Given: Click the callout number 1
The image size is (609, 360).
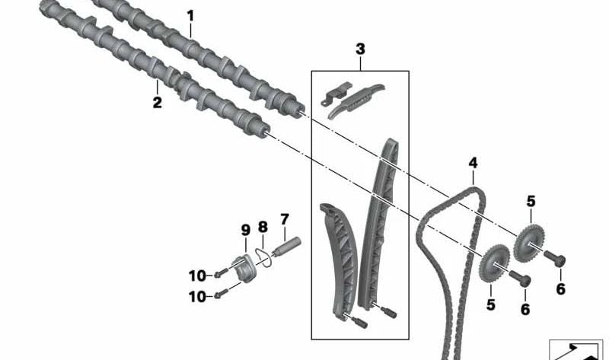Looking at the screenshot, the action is tap(190, 16).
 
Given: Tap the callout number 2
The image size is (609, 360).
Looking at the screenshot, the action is tap(157, 103).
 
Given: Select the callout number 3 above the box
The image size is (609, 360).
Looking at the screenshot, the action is tap(360, 49).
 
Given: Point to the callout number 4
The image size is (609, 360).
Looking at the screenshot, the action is tap(473, 163).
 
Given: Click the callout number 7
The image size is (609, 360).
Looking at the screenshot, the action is tap(285, 219).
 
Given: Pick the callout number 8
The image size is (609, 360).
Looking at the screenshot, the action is tap(263, 227).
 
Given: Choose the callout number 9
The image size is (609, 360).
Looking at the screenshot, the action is tap(245, 230).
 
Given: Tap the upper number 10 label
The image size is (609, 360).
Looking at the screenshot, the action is tap(197, 276).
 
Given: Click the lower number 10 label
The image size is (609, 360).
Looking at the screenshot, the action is tap(197, 297).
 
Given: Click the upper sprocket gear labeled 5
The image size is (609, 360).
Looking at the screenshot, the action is tap(528, 244).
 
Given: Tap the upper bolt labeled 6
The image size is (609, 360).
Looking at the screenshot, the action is tap(555, 259).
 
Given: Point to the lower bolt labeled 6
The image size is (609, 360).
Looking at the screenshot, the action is tap(520, 279).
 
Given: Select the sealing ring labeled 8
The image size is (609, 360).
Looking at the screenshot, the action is tap(264, 256).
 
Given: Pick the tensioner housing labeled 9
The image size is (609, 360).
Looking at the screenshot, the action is tap(244, 269).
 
